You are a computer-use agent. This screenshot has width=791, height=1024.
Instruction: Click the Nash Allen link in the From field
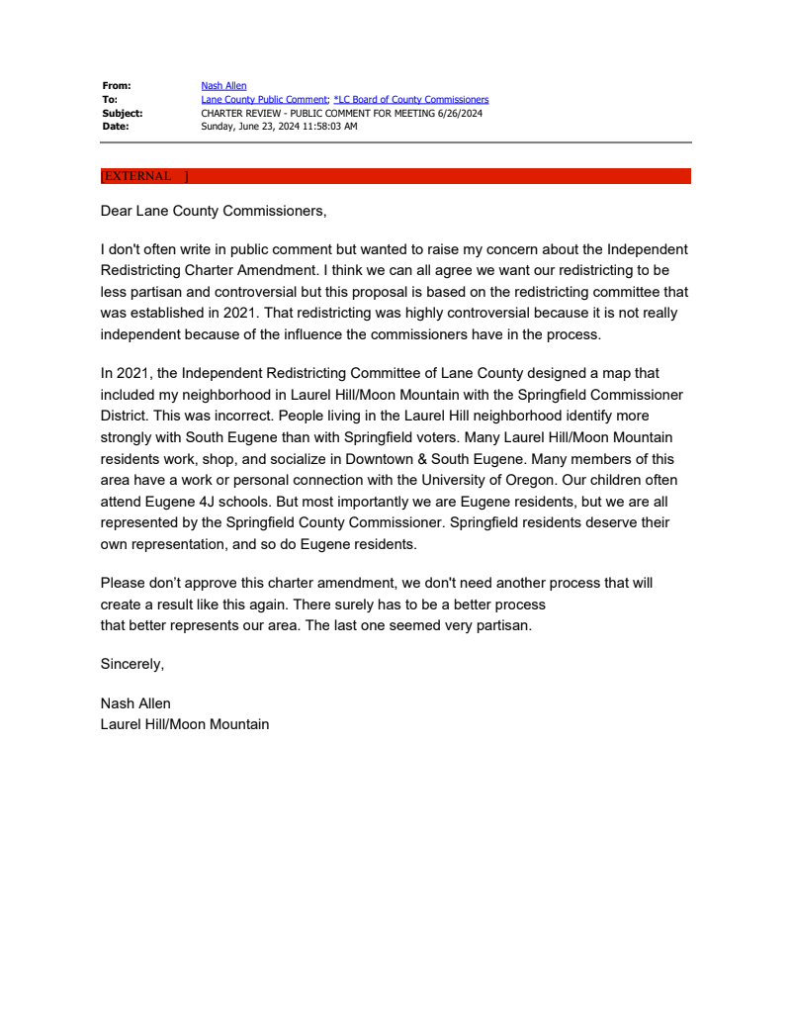coord(223,86)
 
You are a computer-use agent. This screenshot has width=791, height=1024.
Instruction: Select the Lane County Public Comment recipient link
coord(264,100)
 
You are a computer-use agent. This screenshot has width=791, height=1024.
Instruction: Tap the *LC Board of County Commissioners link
coord(411,100)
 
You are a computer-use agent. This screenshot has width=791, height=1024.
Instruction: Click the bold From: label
coord(116,86)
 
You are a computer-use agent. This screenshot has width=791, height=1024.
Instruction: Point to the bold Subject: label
coord(122,114)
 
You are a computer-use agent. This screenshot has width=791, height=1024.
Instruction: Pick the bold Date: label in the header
coord(115,127)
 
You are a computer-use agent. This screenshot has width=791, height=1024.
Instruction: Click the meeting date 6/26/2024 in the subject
coord(460,114)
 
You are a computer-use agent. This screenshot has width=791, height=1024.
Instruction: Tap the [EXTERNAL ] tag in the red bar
coord(144,176)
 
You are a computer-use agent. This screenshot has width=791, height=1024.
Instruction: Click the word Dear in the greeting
coord(117,211)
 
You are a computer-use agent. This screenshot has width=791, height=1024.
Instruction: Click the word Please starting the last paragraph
coord(124,584)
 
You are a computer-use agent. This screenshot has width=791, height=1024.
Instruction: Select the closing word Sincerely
coord(132,664)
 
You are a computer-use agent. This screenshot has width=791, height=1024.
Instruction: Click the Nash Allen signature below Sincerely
coord(135,703)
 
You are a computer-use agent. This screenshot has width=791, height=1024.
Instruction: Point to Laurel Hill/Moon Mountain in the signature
coord(184,724)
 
